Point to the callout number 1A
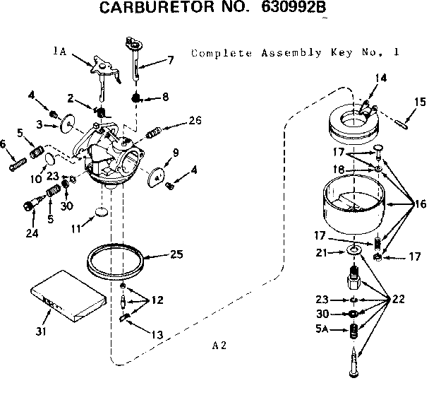pos(60,51)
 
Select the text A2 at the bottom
pos(219,346)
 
